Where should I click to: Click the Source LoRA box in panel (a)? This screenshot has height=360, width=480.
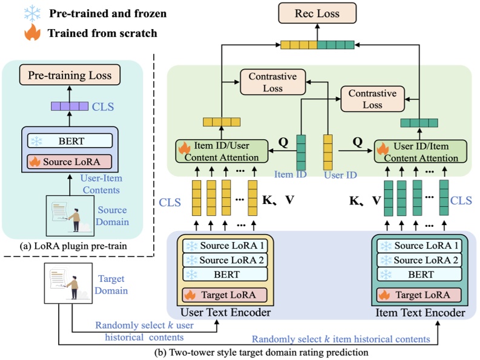click(x=70, y=162)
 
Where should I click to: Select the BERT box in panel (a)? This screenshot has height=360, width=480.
click(x=70, y=141)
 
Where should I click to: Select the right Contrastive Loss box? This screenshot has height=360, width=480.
click(x=373, y=99)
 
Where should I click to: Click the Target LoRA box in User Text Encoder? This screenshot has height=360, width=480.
click(x=225, y=295)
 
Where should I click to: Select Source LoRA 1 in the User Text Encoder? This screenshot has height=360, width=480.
click(x=225, y=246)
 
